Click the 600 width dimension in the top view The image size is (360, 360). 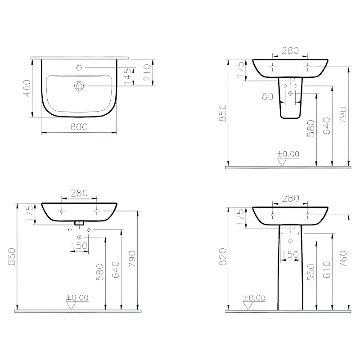pyautogui.click(x=79, y=127)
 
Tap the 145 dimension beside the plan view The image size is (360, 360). pyautogui.click(x=128, y=76)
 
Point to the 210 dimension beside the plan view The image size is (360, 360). pyautogui.click(x=147, y=72)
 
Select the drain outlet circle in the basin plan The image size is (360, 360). pyautogui.click(x=79, y=85)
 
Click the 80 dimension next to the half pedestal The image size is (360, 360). pyautogui.click(x=267, y=96)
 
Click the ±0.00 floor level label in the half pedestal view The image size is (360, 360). pyautogui.click(x=288, y=154)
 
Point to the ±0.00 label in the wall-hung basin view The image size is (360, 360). pyautogui.click(x=77, y=297)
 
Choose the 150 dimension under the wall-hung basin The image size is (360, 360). pyautogui.click(x=79, y=246)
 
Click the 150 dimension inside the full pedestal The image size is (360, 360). pyautogui.click(x=290, y=254)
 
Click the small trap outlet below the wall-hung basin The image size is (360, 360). pyautogui.click(x=79, y=223)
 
